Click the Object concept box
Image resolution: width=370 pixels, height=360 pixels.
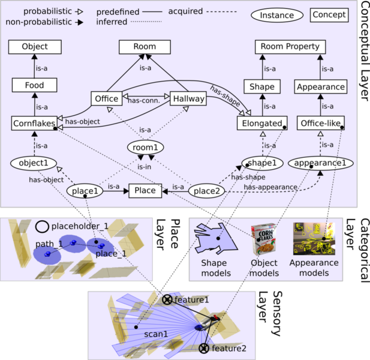pos(35,47)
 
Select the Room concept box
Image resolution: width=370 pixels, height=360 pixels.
pos(145,47)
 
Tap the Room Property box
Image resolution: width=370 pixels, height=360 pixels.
pos(290,47)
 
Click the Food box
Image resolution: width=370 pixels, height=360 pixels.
pos(34,85)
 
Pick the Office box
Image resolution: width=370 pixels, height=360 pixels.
pos(107,98)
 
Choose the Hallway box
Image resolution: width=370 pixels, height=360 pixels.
pos(188,98)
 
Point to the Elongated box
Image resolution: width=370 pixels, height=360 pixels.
pos(262,123)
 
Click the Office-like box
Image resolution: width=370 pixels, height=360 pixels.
pos(321,123)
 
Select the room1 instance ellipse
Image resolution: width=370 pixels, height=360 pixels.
pos(145,148)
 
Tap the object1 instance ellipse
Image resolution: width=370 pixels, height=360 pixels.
pos(34,163)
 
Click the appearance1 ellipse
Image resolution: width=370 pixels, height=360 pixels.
pos(320,163)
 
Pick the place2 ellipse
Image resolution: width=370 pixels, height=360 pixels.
pos(207,191)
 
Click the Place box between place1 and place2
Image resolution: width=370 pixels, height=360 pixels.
pos(145,191)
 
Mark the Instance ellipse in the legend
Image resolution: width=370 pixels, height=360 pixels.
pos(277,16)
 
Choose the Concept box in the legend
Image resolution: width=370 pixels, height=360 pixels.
pos(329,15)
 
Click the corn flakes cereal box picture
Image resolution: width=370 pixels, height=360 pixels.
pos(263,239)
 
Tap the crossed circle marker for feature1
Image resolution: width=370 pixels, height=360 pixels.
pos(167,300)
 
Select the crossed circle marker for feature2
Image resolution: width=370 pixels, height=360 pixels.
pos(204,349)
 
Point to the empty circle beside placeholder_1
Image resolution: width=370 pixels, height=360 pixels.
pos(42,227)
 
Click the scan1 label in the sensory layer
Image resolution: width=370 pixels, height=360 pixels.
pos(156,334)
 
